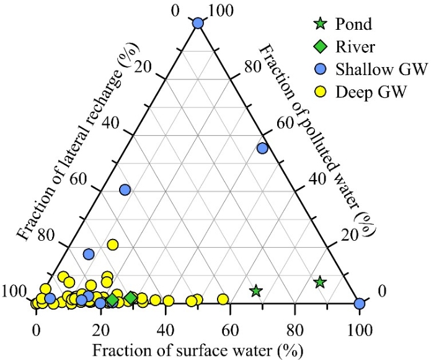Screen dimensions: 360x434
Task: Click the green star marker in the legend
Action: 320,25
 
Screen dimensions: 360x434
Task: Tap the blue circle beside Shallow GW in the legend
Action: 320,70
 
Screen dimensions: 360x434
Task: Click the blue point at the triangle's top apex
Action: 198,23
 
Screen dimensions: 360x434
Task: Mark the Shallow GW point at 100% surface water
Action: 359,303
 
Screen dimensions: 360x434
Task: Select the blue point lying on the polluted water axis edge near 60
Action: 262,148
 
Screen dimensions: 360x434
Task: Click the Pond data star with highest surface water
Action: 320,282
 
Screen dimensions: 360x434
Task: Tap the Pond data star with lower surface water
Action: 255,290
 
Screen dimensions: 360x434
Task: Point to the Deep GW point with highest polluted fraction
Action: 113,245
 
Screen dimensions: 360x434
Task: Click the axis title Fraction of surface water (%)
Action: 198,349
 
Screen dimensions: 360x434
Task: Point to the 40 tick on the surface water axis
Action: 166,325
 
